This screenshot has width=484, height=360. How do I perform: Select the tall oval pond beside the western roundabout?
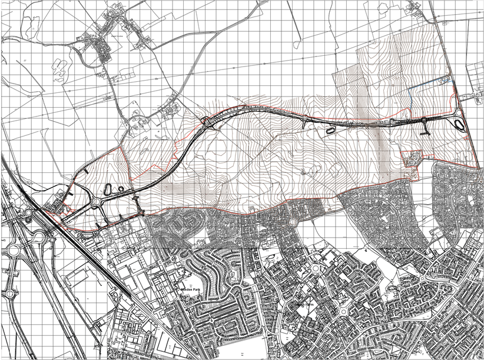click(108, 189)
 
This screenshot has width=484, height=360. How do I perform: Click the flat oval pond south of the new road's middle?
click(330, 128)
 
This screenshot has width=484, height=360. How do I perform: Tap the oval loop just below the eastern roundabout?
click(459, 124)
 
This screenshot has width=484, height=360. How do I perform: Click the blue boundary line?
click(433, 86)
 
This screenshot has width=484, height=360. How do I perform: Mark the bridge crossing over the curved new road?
click(207, 122)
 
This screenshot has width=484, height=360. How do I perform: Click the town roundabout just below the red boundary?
click(291, 222)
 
